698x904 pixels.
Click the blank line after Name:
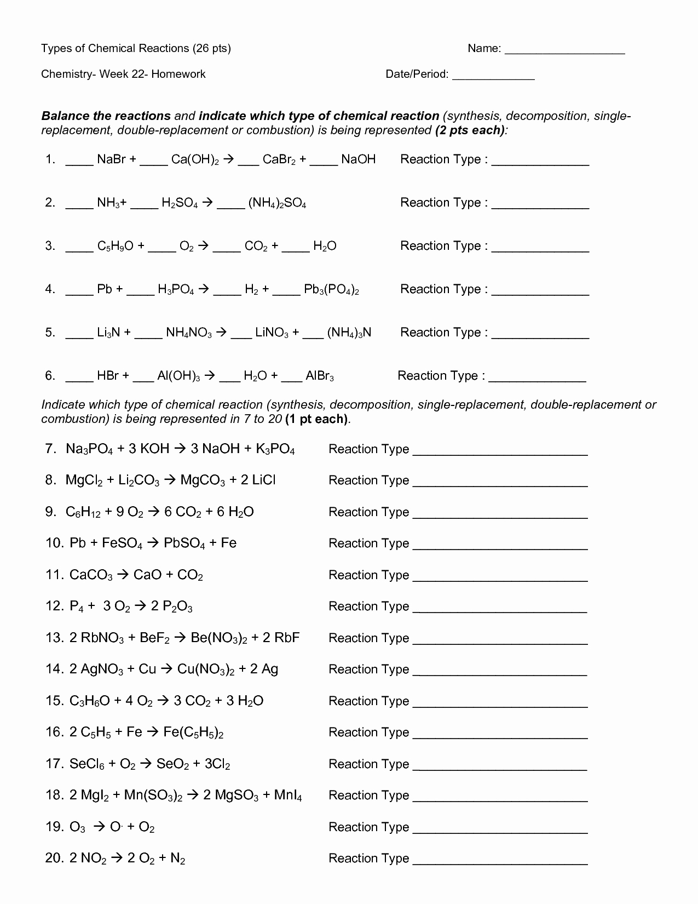tap(564, 52)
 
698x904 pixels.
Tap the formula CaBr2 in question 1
tap(279, 159)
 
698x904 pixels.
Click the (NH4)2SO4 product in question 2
tap(277, 203)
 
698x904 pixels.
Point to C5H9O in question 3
tap(115, 247)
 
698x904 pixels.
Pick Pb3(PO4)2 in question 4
tap(331, 290)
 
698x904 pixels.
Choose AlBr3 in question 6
tap(320, 376)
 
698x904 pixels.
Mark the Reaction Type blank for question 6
tap(537, 379)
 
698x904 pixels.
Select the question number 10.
tap(55, 543)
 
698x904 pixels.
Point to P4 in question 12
tap(76, 606)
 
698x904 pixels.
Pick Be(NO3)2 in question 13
tap(219, 638)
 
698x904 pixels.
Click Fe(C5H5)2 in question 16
tap(193, 733)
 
